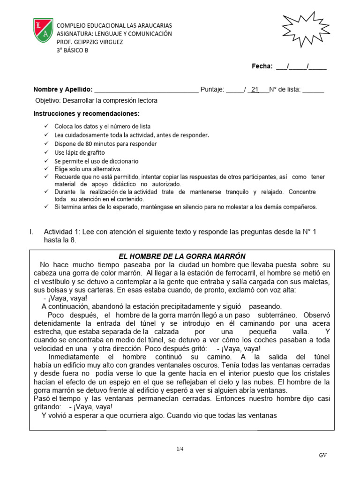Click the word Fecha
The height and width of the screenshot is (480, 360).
click(262, 66)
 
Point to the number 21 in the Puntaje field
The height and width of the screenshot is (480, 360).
click(255, 90)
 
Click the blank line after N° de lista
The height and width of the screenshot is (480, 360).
click(313, 90)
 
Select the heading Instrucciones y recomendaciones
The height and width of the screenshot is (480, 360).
click(86, 114)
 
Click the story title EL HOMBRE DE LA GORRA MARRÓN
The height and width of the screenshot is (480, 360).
click(182, 256)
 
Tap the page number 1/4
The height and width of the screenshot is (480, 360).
click(180, 449)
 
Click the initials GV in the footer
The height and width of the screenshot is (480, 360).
click(323, 455)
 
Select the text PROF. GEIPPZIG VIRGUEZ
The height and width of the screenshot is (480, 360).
click(90, 42)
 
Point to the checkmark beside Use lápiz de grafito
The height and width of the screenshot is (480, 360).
click(45, 152)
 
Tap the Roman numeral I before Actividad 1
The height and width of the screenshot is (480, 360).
click(30, 232)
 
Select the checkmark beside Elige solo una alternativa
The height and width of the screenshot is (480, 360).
click(45, 169)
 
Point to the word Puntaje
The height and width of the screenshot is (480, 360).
click(212, 90)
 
